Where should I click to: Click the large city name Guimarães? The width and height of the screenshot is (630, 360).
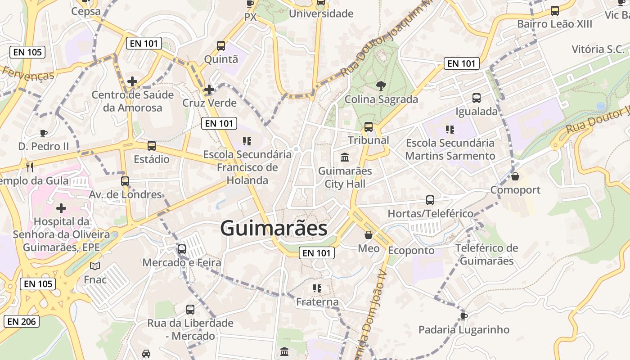tap(274, 228)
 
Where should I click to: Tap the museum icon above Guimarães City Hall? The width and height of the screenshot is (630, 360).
tap(345, 157)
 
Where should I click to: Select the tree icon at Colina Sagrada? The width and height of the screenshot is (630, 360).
tap(381, 85)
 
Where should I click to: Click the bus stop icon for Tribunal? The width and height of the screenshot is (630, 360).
tap(369, 127)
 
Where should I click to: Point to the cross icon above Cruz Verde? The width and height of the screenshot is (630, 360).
tap(209, 90)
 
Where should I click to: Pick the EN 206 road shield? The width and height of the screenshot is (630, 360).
tap(22, 321)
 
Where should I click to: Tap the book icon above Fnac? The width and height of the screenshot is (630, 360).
tap(95, 266)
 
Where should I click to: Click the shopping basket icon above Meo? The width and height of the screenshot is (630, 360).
tap(369, 235)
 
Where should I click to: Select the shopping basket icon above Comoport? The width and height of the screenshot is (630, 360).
tap(515, 176)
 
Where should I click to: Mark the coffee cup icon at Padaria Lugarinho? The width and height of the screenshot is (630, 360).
tap(464, 316)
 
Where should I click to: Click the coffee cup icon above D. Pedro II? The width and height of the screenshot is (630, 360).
tap(44, 133)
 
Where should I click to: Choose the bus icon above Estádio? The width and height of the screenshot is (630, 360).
tap(152, 146)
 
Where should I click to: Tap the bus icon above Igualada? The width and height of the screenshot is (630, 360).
tap(477, 98)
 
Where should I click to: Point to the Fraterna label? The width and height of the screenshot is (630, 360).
tap(317, 301)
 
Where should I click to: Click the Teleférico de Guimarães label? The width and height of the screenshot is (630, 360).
tap(487, 254)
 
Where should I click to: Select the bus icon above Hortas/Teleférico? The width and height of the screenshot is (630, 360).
tap(430, 200)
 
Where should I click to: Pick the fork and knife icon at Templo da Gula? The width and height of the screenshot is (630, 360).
tap(30, 167)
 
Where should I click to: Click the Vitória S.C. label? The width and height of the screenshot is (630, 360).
tap(598, 49)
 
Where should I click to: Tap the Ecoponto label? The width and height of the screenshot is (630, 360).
tap(411, 250)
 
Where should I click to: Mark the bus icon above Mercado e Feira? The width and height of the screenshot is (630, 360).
tap(182, 249)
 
